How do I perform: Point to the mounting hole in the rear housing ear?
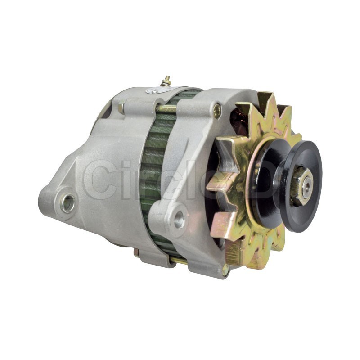68,203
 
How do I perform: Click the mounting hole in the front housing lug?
179,220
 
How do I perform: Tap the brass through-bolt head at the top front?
217,111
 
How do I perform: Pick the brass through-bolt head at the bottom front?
225,270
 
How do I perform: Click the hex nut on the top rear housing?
121,107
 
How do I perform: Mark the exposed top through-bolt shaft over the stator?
166,108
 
